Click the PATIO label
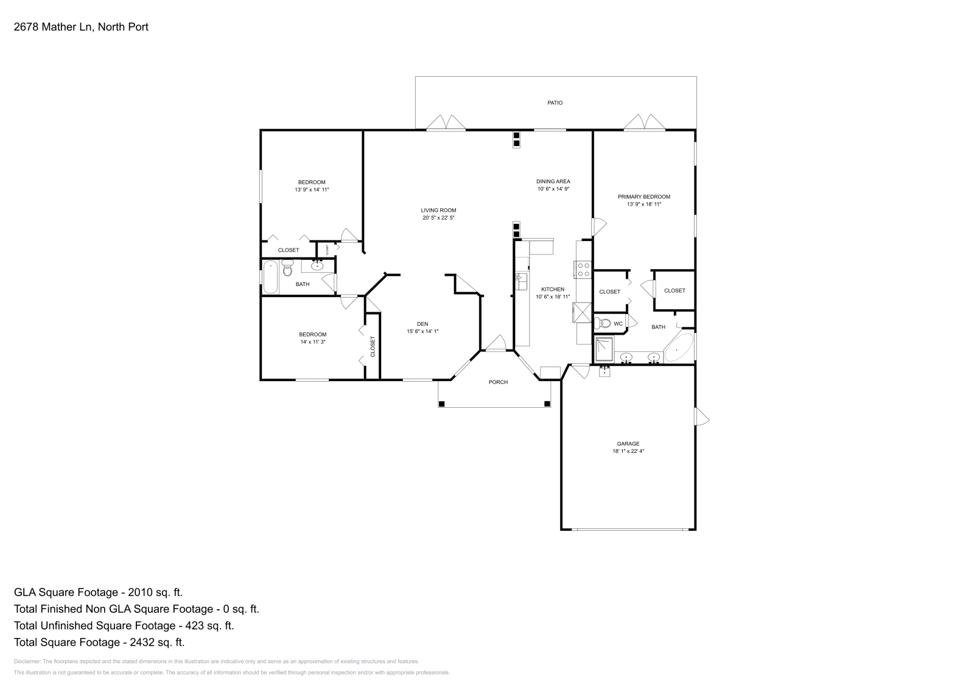click(x=555, y=103)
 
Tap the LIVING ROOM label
click(x=438, y=210)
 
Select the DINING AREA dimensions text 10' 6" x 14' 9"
click(x=553, y=189)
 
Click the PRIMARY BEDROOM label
click(x=643, y=197)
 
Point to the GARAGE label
click(x=628, y=444)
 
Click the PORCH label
click(x=498, y=382)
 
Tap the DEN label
click(x=422, y=324)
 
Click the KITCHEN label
click(x=553, y=289)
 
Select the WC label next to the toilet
click(x=618, y=324)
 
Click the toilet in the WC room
click(x=603, y=323)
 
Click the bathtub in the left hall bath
click(x=270, y=278)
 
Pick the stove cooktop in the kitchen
click(x=583, y=269)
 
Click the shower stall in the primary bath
click(x=605, y=349)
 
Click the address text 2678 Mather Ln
click(x=52, y=27)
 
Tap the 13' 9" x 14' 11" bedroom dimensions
click(x=312, y=190)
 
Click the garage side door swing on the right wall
click(x=702, y=417)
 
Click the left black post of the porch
click(x=442, y=404)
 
